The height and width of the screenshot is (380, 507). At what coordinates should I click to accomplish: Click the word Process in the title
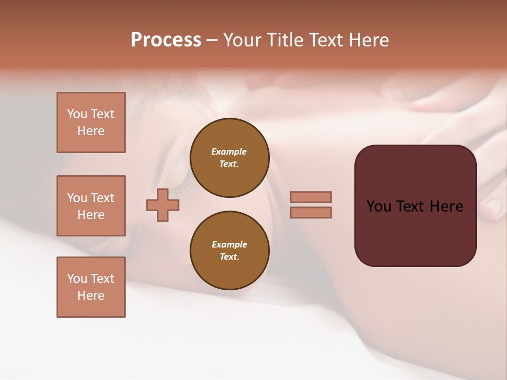coord(166,40)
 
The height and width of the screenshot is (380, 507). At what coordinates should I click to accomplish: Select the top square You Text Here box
coord(91,122)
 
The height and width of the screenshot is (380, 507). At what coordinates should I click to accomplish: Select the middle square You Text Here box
coord(91,206)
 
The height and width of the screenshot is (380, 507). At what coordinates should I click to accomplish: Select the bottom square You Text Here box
coord(91,287)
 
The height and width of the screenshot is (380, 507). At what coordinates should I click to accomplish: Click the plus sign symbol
coord(163,205)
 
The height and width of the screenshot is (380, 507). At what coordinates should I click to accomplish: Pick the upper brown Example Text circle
coord(229,158)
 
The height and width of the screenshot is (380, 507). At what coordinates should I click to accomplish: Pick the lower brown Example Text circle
coord(229,251)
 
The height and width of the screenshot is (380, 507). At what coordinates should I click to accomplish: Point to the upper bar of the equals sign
coord(311,197)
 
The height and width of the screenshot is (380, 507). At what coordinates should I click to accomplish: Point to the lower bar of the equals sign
coord(311,212)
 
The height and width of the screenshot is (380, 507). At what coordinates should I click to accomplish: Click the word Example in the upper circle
coord(229,152)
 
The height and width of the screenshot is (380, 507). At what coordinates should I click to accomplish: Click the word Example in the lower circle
coord(229,245)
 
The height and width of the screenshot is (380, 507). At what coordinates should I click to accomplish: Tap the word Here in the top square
coord(91,131)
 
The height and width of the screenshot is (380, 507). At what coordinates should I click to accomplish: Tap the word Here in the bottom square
coord(91,296)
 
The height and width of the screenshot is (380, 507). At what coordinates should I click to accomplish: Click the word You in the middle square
coord(77,198)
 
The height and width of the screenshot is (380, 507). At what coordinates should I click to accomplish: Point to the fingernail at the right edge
coord(494,208)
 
